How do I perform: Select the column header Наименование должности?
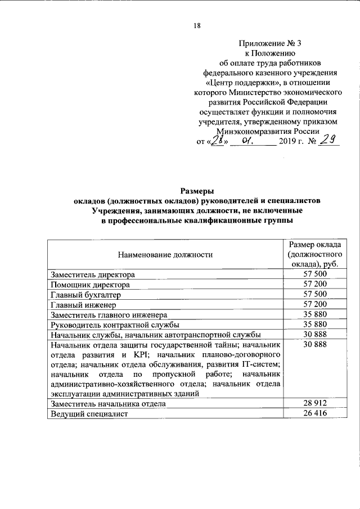tap(165, 255)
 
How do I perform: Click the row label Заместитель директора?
tap(93, 275)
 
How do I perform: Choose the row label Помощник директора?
tap(90, 285)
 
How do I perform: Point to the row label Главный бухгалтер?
tap(85, 295)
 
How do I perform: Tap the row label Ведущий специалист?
tap(89, 414)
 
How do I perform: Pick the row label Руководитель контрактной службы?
tap(115, 325)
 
